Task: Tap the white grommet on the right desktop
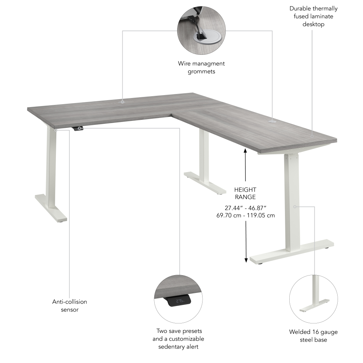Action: point(272,121)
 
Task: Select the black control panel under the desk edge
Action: point(78,129)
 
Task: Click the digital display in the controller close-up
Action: point(179,301)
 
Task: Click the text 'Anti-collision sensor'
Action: point(70,306)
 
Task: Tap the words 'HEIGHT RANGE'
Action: point(245,193)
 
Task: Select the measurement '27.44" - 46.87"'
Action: point(246,208)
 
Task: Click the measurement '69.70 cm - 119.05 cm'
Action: point(245,215)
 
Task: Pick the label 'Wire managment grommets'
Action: point(201,68)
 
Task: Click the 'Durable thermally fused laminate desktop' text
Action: point(313,16)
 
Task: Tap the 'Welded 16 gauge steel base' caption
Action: point(313,336)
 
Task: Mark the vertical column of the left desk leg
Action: point(51,167)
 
